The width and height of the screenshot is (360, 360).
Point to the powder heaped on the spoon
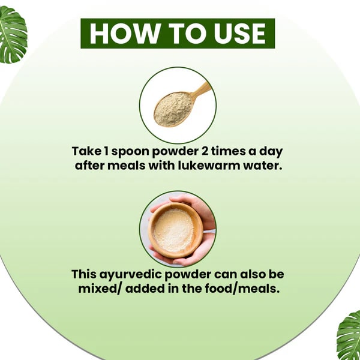[173, 109]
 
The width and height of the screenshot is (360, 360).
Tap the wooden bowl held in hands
[176, 230]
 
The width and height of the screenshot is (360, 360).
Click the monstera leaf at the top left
[13, 34]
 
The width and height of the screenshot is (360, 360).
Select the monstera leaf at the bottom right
[349, 335]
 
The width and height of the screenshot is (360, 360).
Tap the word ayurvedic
[131, 275]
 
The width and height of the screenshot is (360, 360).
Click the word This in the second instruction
[83, 274]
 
